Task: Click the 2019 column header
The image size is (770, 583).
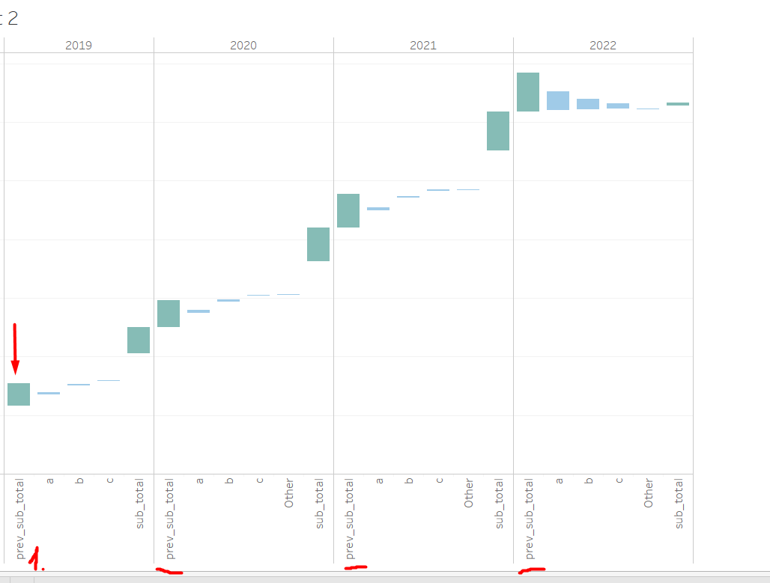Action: (79, 45)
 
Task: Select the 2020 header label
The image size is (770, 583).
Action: (243, 45)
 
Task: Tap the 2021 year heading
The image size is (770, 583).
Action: (423, 45)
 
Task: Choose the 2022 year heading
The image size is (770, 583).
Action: (603, 45)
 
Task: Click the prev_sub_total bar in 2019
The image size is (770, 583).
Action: (19, 394)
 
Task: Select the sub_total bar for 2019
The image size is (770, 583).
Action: (139, 340)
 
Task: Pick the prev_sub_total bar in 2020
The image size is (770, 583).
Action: (169, 314)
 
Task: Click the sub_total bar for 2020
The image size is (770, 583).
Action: (318, 244)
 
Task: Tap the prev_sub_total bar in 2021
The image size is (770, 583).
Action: (348, 210)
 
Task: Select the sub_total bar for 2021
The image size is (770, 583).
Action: (498, 131)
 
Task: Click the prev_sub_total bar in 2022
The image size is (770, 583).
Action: (528, 92)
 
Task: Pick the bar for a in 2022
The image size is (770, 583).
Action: (558, 100)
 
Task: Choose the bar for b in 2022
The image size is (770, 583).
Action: (588, 104)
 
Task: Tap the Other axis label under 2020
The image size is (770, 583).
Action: (289, 494)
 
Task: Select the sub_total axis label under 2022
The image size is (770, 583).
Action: (679, 504)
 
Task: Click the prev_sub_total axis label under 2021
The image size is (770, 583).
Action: (349, 519)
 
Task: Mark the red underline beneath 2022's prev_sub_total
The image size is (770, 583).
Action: (532, 570)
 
